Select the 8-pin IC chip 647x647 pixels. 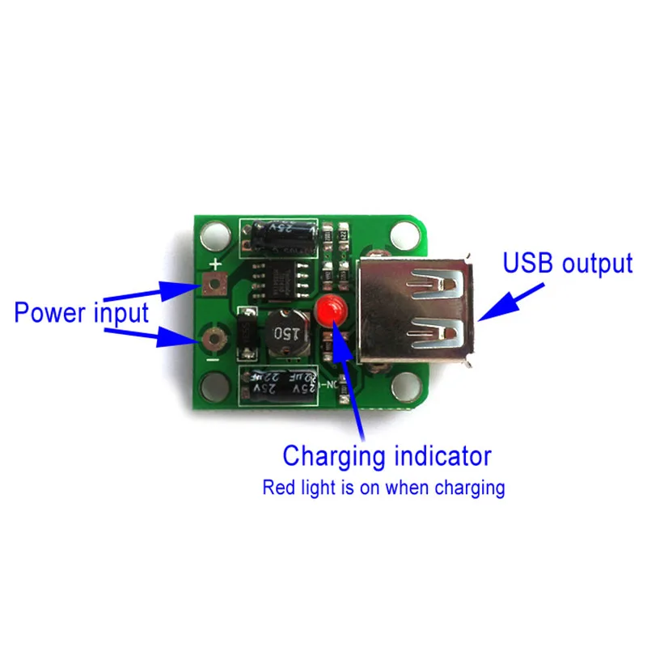point(282,276)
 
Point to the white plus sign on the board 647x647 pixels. point(216,264)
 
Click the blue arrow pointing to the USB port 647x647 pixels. point(501,303)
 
